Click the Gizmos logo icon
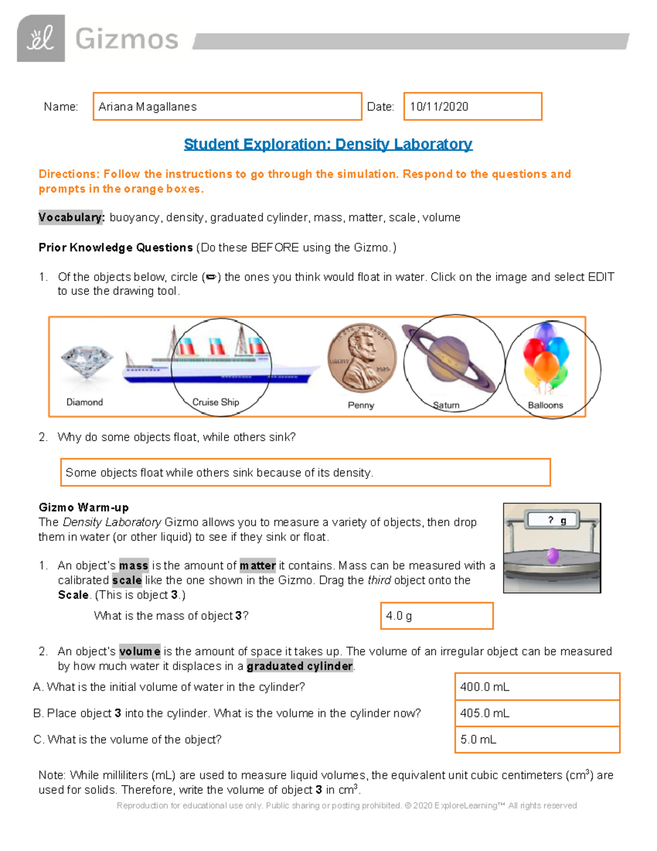(x=41, y=38)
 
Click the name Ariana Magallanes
(x=148, y=107)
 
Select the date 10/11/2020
(x=439, y=107)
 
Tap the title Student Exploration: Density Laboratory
(x=328, y=144)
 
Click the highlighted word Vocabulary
(x=71, y=218)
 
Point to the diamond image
(x=87, y=362)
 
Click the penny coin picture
(x=361, y=358)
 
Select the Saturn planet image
(x=450, y=359)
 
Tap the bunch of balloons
(x=546, y=359)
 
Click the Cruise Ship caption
(x=216, y=402)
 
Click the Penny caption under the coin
(x=361, y=405)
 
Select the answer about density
(x=219, y=472)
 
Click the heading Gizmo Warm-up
(x=84, y=507)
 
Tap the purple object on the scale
(x=552, y=556)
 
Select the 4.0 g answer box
(x=436, y=616)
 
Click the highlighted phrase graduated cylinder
(x=299, y=666)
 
